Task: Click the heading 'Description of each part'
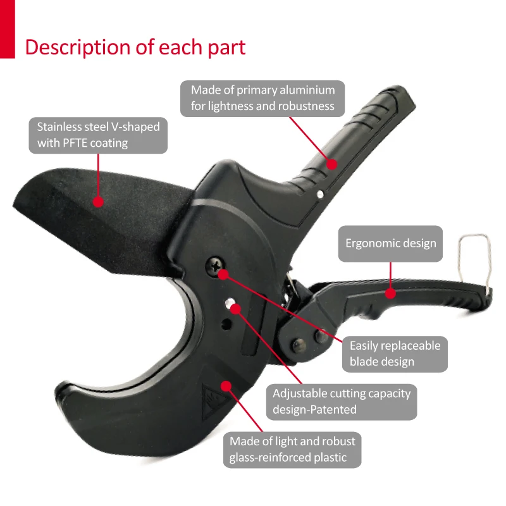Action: coord(135,47)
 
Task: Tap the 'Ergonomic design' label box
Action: coord(390,244)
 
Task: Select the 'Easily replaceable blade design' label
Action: coord(395,354)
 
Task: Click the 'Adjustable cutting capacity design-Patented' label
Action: coord(342,401)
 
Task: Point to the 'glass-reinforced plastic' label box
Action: coord(292,449)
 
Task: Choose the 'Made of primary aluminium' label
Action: coord(262,98)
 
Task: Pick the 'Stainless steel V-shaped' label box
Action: coord(98,135)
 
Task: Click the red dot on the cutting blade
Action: coord(97,202)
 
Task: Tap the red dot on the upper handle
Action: coord(331,163)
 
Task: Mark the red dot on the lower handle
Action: coord(390,293)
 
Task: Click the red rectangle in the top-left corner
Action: coord(7,29)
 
